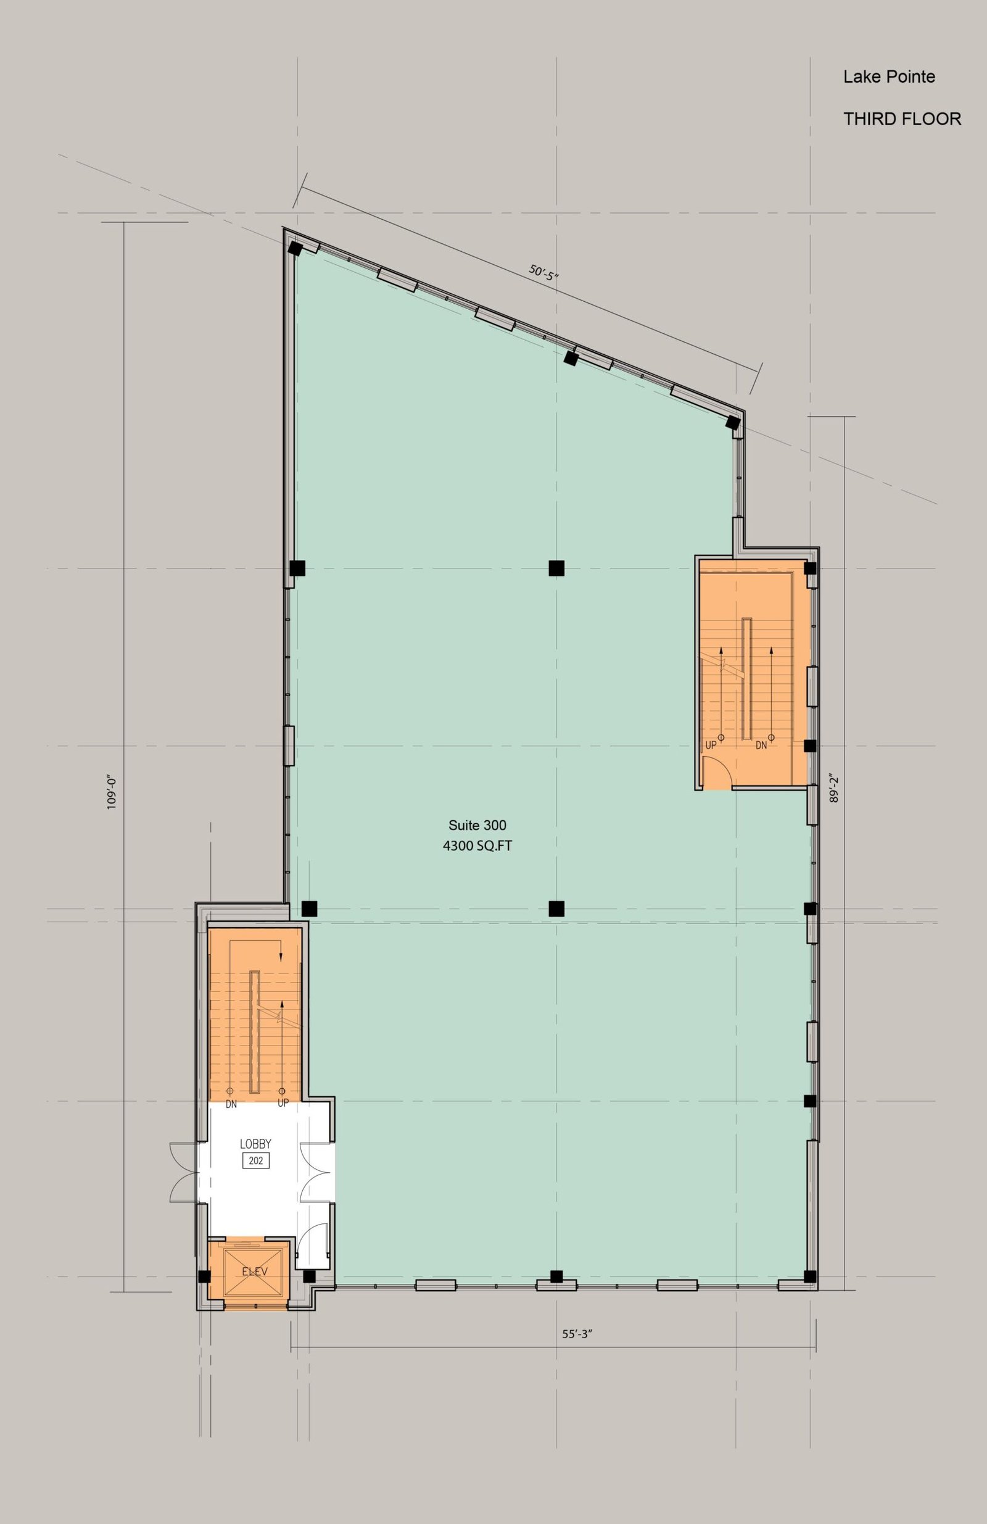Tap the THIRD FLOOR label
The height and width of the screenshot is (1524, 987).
(902, 119)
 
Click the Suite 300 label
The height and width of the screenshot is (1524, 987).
(477, 825)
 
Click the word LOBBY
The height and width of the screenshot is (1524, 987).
(255, 1144)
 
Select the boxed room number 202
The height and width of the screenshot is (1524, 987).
(255, 1160)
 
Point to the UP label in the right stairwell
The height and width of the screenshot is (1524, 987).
(711, 746)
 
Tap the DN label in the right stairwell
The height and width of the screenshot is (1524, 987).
(761, 746)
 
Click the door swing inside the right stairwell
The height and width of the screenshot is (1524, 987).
(717, 772)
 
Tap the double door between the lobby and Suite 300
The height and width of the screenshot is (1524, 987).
(317, 1172)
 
